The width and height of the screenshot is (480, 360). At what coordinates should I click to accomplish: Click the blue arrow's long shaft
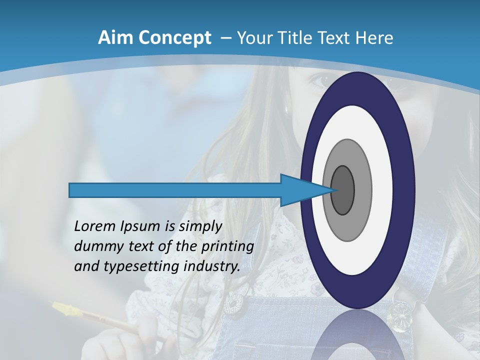point(175,190)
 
